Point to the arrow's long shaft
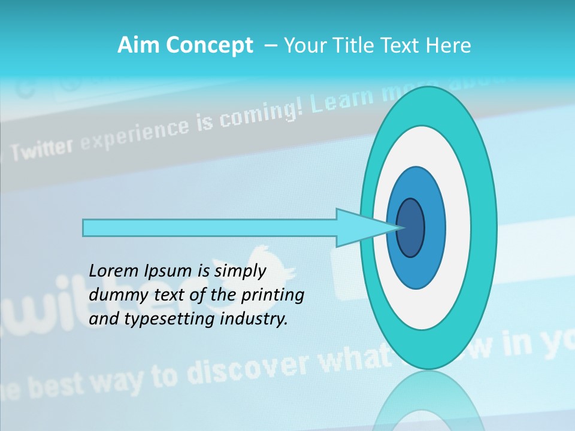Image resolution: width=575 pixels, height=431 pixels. (210, 228)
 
